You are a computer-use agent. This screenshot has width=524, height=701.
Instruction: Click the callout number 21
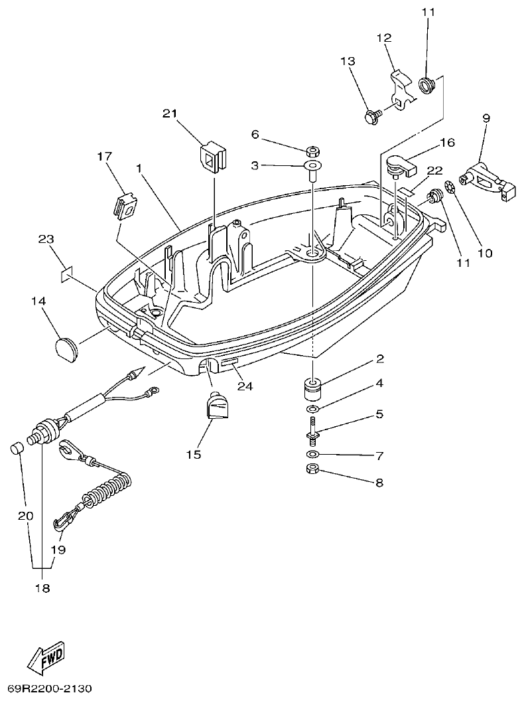[x=170, y=114]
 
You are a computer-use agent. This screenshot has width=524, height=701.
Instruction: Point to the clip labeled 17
[x=125, y=205]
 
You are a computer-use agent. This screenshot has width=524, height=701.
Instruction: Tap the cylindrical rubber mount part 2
[x=312, y=389]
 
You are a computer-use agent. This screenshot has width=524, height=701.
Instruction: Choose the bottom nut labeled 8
[x=312, y=471]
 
